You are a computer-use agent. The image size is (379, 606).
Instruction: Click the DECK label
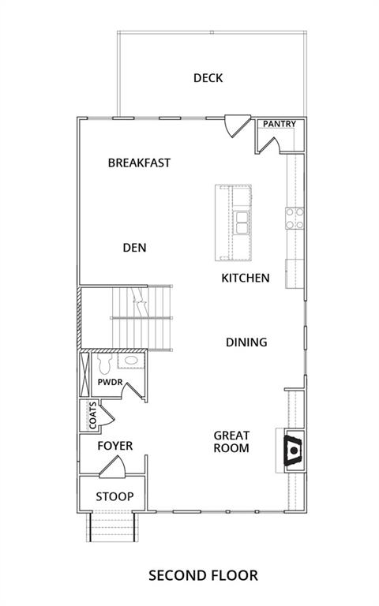208,78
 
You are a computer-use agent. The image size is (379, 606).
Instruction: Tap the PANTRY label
280,124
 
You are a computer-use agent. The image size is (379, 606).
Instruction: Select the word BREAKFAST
139,163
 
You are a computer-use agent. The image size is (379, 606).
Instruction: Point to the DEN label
134,247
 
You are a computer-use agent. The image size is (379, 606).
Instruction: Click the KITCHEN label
246,278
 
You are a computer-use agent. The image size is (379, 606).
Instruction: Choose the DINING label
246,342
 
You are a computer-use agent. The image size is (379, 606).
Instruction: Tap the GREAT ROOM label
231,442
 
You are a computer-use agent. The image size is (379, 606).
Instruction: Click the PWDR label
110,382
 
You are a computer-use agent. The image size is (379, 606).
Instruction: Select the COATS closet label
93,416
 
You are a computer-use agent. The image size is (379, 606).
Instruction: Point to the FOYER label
114,446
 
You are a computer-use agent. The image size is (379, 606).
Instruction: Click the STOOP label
114,496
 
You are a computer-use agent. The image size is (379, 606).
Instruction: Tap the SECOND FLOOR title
203,575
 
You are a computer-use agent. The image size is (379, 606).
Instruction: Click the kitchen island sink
242,223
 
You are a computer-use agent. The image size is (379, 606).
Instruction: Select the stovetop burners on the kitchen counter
295,219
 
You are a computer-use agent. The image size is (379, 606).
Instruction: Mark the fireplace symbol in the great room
294,451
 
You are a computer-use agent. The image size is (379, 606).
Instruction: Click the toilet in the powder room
105,364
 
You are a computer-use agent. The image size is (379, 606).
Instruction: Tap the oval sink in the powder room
131,360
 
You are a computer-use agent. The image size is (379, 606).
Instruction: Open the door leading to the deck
237,125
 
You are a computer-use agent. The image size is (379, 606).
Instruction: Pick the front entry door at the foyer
113,467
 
